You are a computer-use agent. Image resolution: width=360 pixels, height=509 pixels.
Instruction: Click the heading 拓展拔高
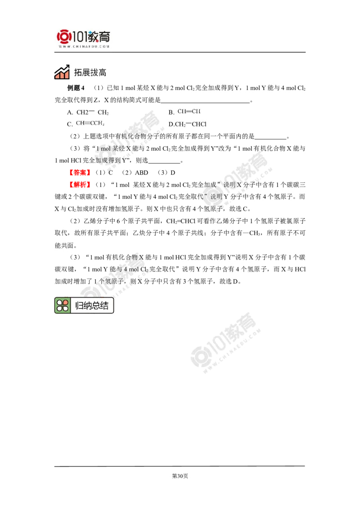90,72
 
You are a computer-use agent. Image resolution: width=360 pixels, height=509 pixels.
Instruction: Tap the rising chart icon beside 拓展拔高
62,72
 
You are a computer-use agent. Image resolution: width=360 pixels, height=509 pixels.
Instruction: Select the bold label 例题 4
76,88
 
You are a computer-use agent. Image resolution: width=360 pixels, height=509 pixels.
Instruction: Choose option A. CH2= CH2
88,112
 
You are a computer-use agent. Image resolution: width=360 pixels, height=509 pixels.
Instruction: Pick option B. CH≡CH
184,112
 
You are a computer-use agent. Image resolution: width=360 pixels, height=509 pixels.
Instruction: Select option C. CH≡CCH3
85,124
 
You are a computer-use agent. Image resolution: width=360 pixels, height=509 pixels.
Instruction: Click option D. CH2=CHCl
188,124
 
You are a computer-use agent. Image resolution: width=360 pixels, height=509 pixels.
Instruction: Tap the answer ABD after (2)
141,173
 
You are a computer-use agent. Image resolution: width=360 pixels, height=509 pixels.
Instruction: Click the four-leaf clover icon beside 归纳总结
63,305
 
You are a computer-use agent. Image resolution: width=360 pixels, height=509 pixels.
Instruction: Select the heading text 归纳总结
92,306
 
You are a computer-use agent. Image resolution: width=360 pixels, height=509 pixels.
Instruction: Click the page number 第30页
180,476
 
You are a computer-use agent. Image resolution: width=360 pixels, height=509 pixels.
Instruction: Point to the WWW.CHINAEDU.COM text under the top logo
84,46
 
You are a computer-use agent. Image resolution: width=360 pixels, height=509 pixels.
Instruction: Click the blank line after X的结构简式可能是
205,102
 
